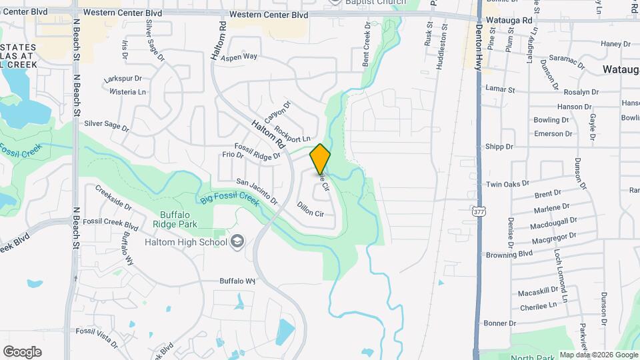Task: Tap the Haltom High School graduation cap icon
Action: (237, 242)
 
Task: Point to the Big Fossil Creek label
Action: (227, 199)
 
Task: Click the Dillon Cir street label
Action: (310, 209)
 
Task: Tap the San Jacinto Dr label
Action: (257, 191)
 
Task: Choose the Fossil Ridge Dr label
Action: (257, 152)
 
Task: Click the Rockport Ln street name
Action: (292, 134)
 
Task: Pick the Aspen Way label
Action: (240, 57)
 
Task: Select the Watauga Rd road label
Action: (509, 21)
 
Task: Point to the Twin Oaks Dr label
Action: (507, 183)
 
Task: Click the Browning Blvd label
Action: (509, 254)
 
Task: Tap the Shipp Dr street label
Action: (499, 147)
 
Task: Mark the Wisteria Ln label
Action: (127, 91)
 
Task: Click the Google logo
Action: (22, 351)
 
